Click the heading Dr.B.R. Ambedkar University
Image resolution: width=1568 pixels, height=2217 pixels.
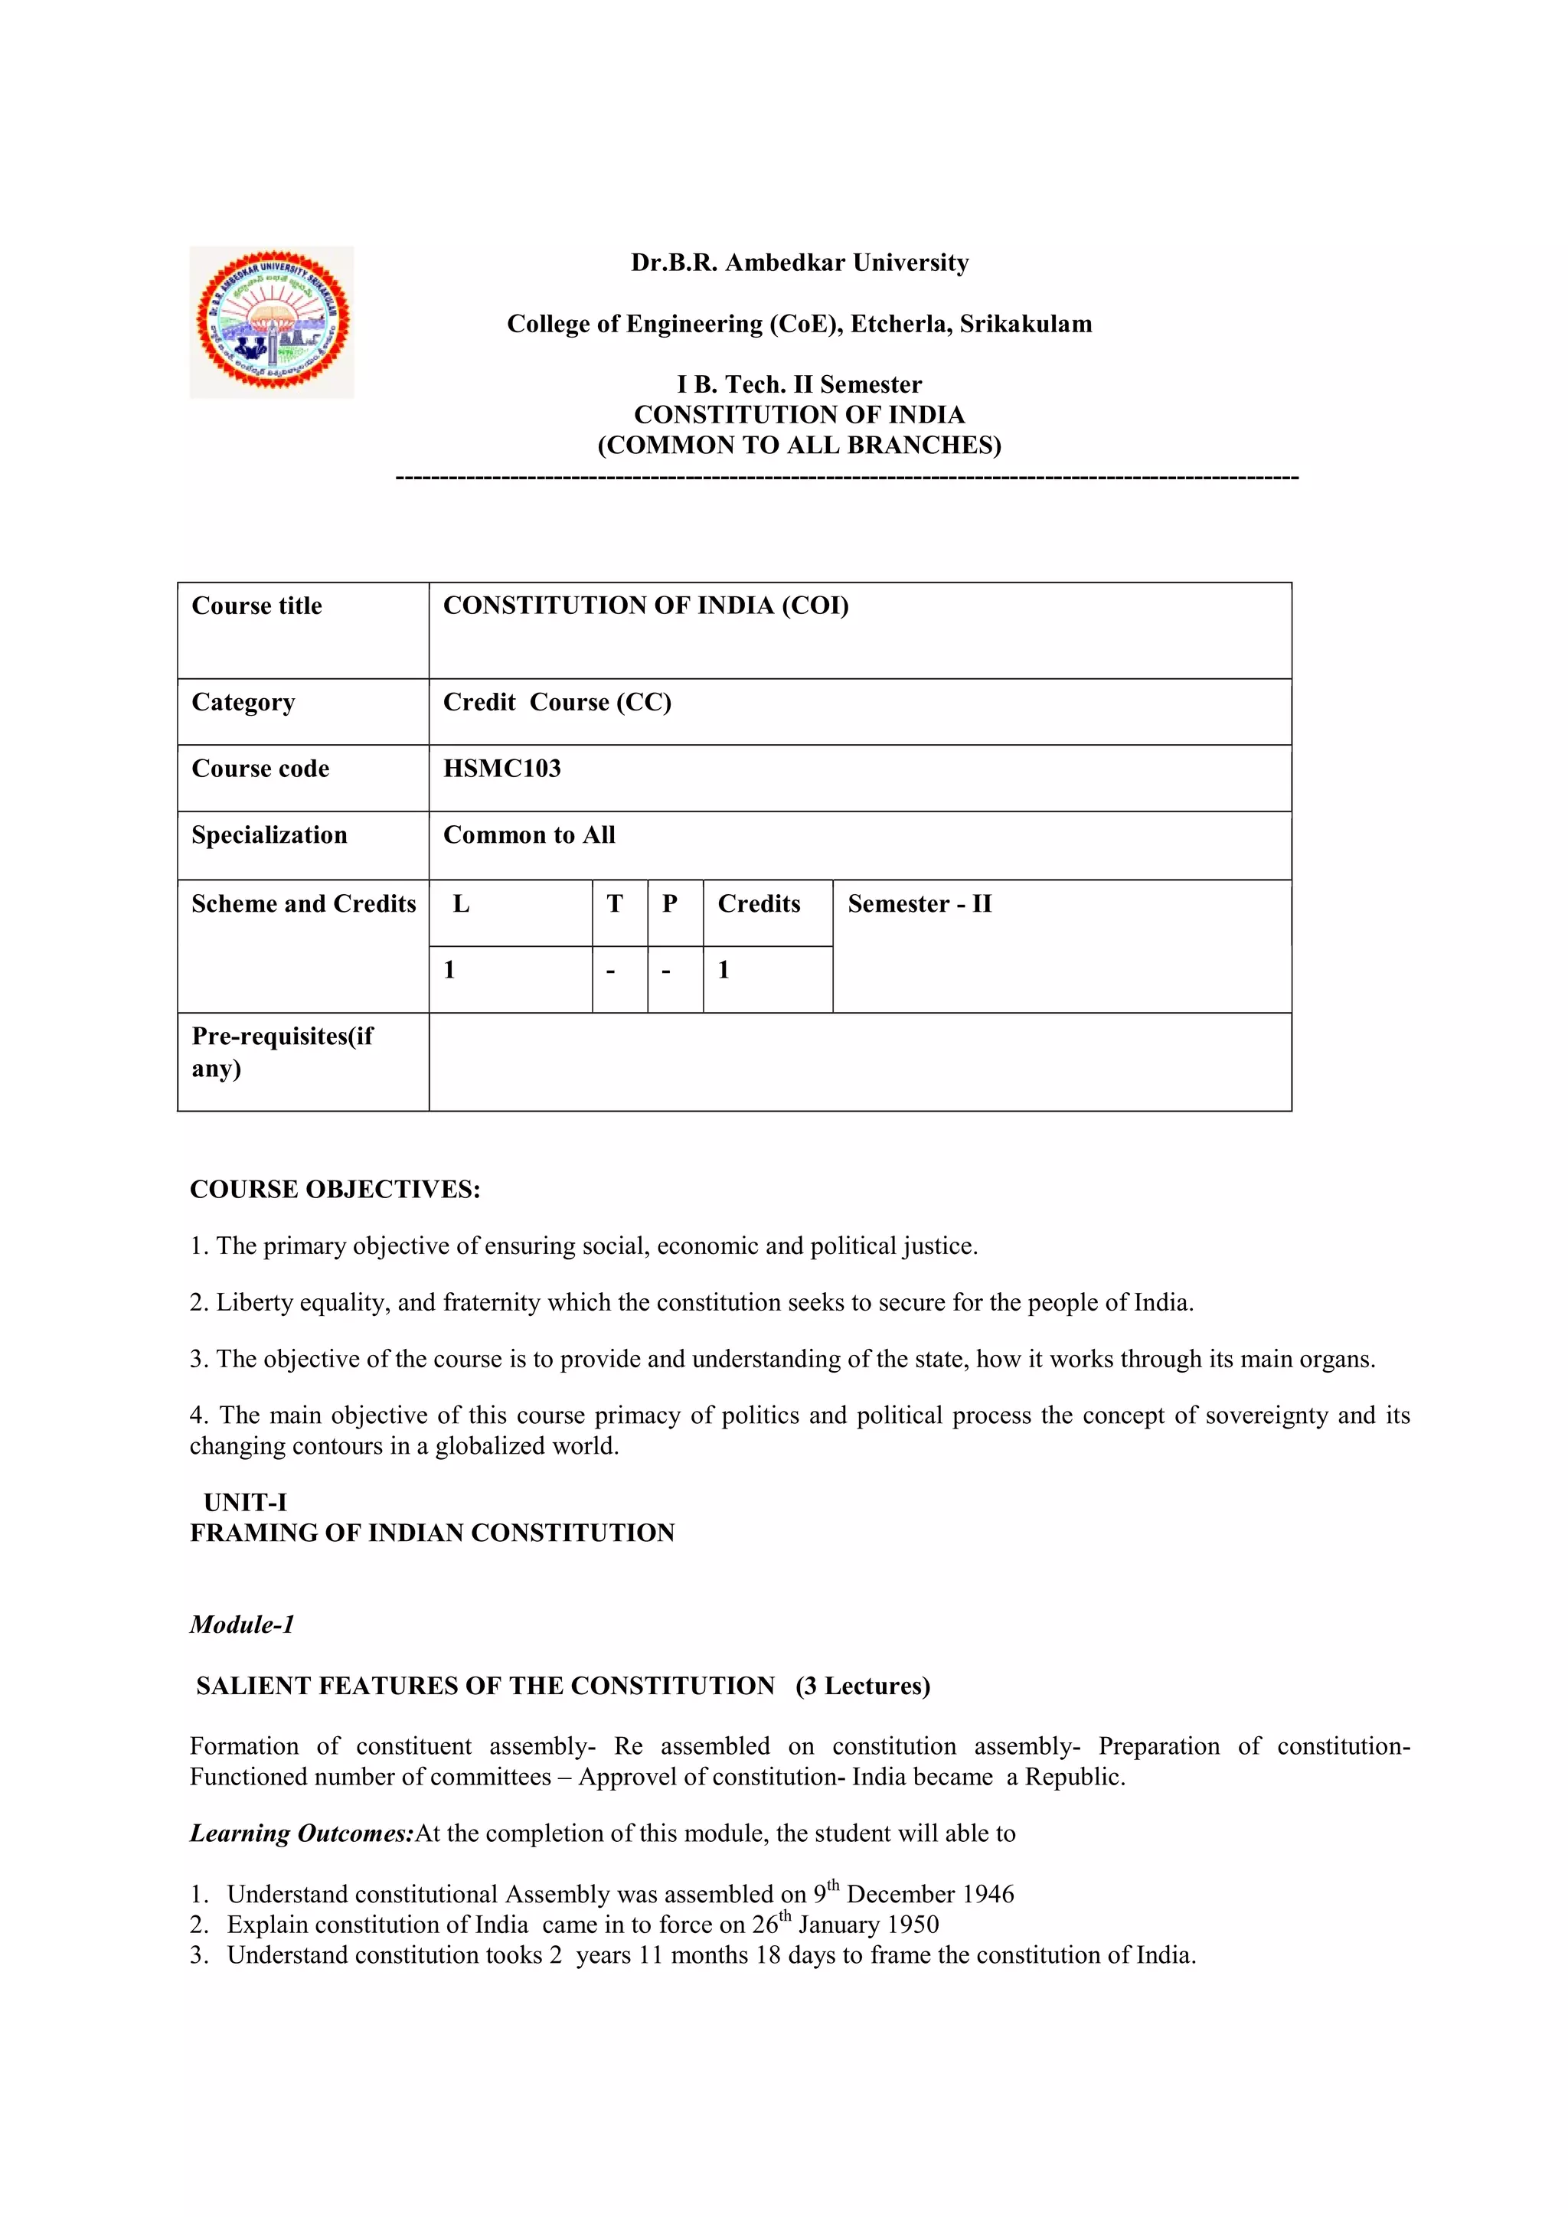click(x=799, y=263)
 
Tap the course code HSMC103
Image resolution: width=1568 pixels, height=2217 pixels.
click(x=501, y=769)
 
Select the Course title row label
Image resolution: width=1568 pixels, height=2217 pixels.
click(x=256, y=606)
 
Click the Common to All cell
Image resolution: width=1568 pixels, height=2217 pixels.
click(x=528, y=835)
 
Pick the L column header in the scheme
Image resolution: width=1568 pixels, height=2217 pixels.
click(x=462, y=904)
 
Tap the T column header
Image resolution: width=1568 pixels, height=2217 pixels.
click(x=615, y=904)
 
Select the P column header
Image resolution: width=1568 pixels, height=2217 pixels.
click(x=670, y=904)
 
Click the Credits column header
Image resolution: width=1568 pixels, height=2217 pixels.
click(x=759, y=904)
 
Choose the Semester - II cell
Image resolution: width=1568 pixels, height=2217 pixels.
click(x=920, y=904)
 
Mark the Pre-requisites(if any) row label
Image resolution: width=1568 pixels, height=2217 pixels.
click(x=281, y=1052)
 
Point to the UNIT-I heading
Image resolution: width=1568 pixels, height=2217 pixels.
click(x=245, y=1503)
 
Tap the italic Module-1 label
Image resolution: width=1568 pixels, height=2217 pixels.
click(x=241, y=1624)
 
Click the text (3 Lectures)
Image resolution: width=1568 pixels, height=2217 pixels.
click(x=862, y=1686)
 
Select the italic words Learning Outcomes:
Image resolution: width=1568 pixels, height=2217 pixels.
click(x=301, y=1833)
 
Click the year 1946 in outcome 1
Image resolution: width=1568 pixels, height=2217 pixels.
click(x=988, y=1895)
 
